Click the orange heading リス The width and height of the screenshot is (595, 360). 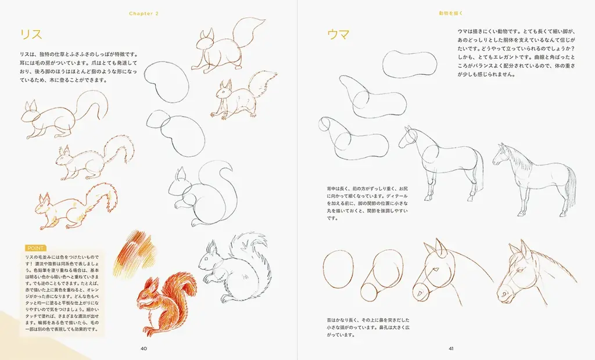(30, 34)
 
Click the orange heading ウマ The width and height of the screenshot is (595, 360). (338, 34)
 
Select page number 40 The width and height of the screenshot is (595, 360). (144, 348)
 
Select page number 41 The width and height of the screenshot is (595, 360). (451, 348)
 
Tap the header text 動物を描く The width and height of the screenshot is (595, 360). (451, 12)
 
